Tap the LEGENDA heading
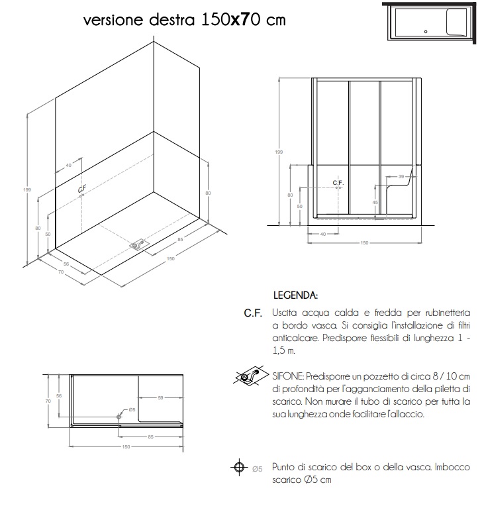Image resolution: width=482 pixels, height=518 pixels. tap(296, 293)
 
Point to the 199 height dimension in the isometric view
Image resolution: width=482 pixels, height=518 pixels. tap(26, 190)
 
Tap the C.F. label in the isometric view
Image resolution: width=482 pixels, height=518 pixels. tap(82, 189)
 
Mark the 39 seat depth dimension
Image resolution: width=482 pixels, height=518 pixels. tap(401, 177)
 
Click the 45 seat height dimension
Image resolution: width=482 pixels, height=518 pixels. tap(375, 202)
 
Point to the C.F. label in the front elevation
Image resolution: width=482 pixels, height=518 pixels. tap(338, 182)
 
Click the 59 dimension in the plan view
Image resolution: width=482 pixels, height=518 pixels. tap(160, 397)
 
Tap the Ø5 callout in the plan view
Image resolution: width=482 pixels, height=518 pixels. tap(132, 410)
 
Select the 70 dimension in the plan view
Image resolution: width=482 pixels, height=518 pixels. tap(48, 401)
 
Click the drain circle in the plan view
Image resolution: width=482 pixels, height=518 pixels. tap(119, 415)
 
